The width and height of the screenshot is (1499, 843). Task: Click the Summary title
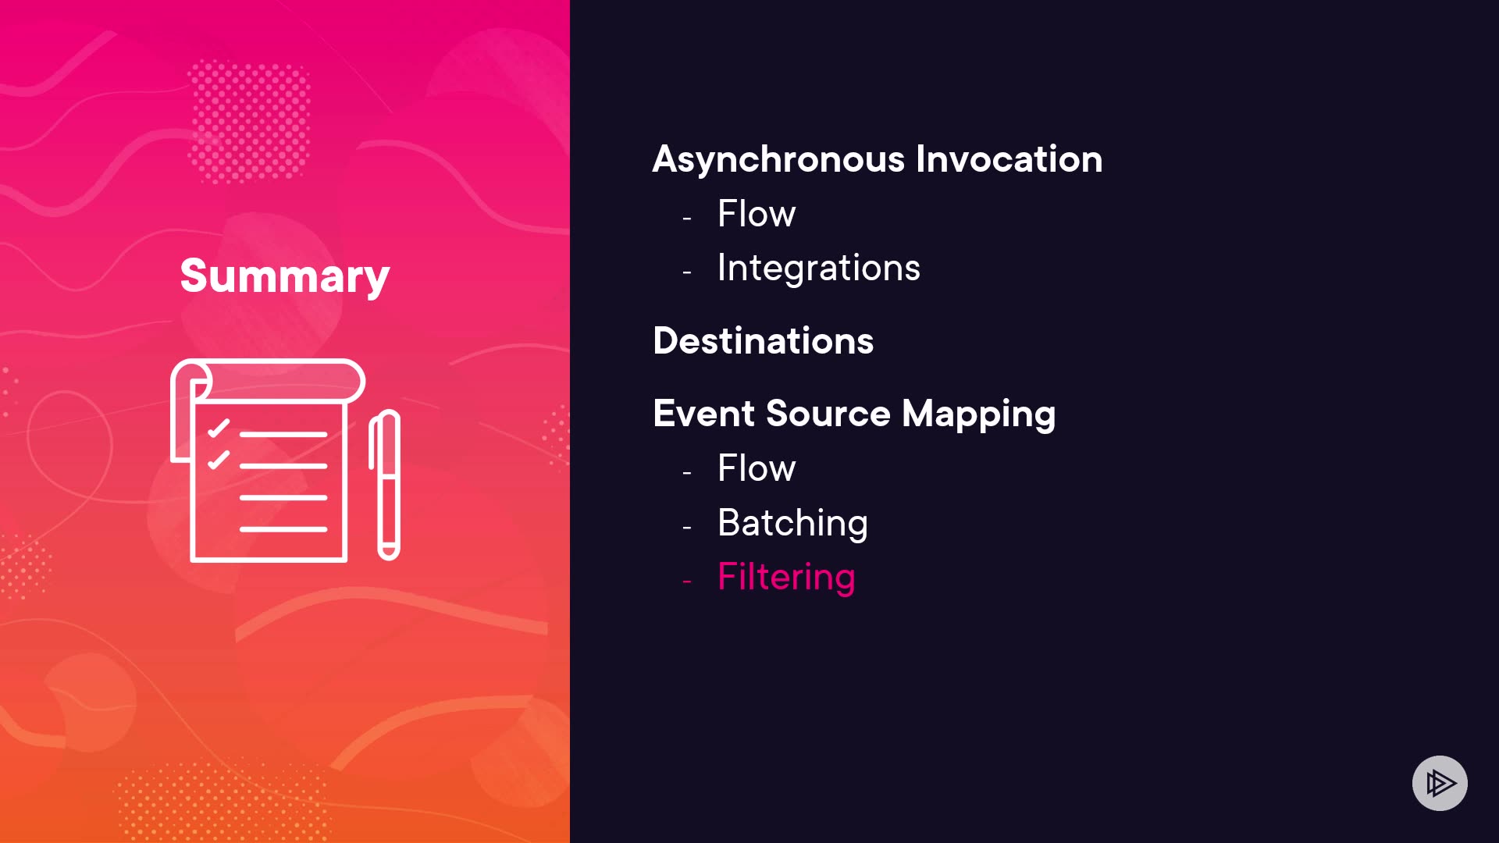click(285, 276)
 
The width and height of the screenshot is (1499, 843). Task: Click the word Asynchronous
click(778, 160)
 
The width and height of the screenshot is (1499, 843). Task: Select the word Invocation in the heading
click(1009, 158)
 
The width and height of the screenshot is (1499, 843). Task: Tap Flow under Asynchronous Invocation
click(757, 213)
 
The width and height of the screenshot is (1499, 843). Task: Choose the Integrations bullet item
click(819, 268)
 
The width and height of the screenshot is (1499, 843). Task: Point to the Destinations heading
click(764, 341)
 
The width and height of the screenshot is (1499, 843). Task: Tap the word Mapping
click(979, 414)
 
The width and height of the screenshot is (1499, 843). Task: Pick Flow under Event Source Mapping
click(757, 468)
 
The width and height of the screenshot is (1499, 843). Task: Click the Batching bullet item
click(792, 523)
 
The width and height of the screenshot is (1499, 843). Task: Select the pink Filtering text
click(786, 578)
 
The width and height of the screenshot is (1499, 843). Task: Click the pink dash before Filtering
click(687, 582)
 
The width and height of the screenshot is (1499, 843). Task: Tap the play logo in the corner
click(1440, 783)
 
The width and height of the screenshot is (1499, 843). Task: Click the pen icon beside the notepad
click(385, 485)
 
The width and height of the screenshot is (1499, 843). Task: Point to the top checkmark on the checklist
click(219, 428)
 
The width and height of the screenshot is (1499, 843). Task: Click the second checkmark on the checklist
click(219, 460)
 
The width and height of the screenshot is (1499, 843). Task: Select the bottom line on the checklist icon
click(283, 529)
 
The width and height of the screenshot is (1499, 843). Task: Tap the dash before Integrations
click(687, 272)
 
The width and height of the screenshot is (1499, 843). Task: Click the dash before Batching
click(687, 528)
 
